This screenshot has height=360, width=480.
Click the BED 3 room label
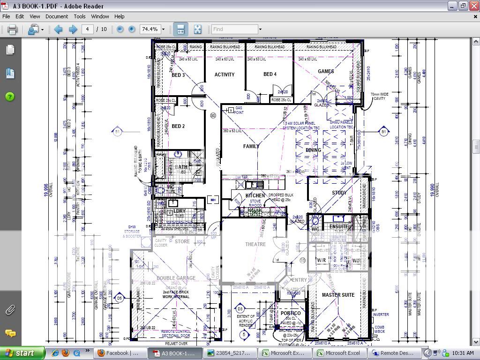(x=178, y=75)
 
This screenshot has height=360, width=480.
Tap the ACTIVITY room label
(x=225, y=75)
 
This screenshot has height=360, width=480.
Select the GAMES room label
(x=326, y=71)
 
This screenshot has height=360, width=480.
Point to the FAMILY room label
(x=251, y=146)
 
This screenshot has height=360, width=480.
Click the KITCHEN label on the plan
(x=255, y=195)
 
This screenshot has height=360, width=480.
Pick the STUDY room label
(x=339, y=193)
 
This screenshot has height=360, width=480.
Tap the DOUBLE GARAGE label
(x=176, y=278)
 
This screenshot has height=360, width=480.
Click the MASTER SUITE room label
(x=338, y=295)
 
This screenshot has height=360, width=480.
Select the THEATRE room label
(x=255, y=244)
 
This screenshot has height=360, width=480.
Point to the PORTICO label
(x=291, y=313)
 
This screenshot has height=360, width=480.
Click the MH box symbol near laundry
(x=213, y=200)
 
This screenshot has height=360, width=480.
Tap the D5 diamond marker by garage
(x=120, y=298)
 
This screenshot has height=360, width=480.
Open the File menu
(x=6, y=16)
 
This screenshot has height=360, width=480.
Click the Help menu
(x=120, y=16)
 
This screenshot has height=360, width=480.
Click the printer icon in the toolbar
(x=12, y=29)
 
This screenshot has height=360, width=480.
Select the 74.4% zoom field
(x=150, y=29)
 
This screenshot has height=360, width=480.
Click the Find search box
(x=234, y=29)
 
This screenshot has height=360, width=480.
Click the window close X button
(x=473, y=6)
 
